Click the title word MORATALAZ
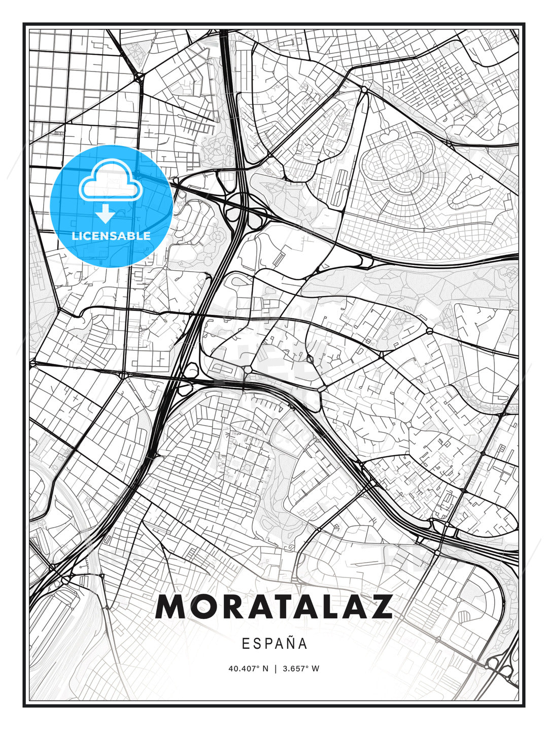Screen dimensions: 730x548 point(274,606)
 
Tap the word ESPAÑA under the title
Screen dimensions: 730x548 point(274,644)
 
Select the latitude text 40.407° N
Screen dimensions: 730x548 point(248,669)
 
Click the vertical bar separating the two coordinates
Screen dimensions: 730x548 point(275,669)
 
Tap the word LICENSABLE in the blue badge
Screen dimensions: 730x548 point(111,236)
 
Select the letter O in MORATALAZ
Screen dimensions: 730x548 point(199,606)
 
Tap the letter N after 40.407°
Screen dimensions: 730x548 point(265,669)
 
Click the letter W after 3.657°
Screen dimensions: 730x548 point(316,669)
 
